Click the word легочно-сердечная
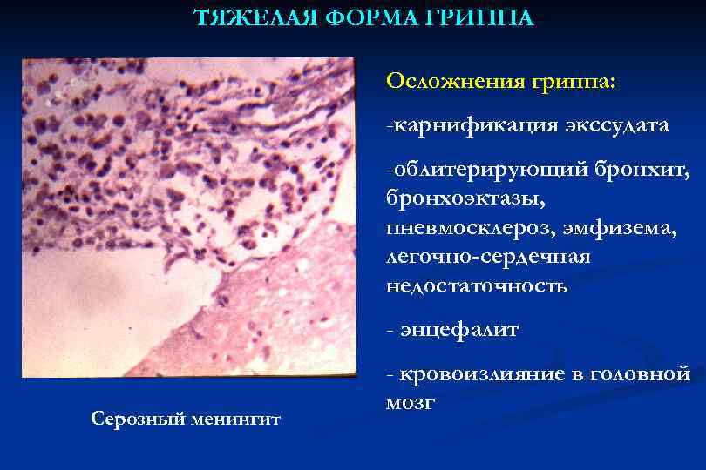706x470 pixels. [490, 258]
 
